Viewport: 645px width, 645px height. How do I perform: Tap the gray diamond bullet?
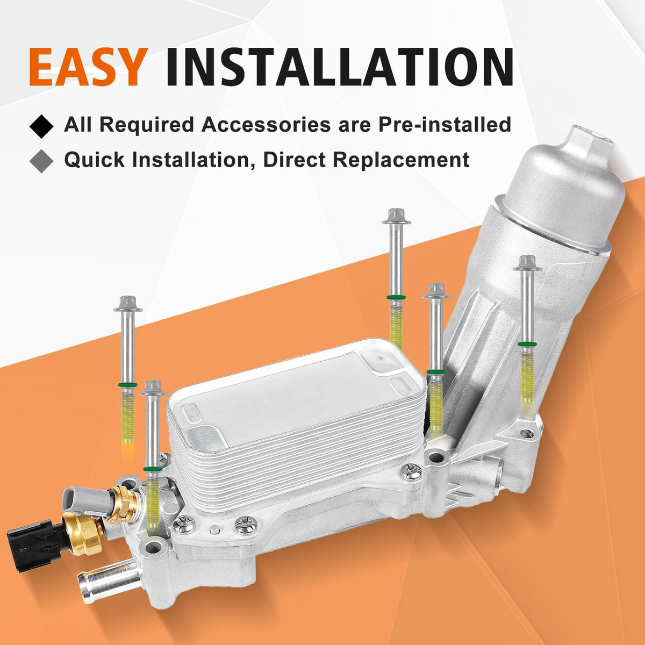(x=41, y=161)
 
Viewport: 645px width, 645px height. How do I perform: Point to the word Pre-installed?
(x=445, y=125)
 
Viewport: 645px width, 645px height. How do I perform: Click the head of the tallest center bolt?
(x=396, y=216)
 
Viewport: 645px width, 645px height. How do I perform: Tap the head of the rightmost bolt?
(x=527, y=263)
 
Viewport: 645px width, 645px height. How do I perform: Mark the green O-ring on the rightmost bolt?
(x=527, y=344)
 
